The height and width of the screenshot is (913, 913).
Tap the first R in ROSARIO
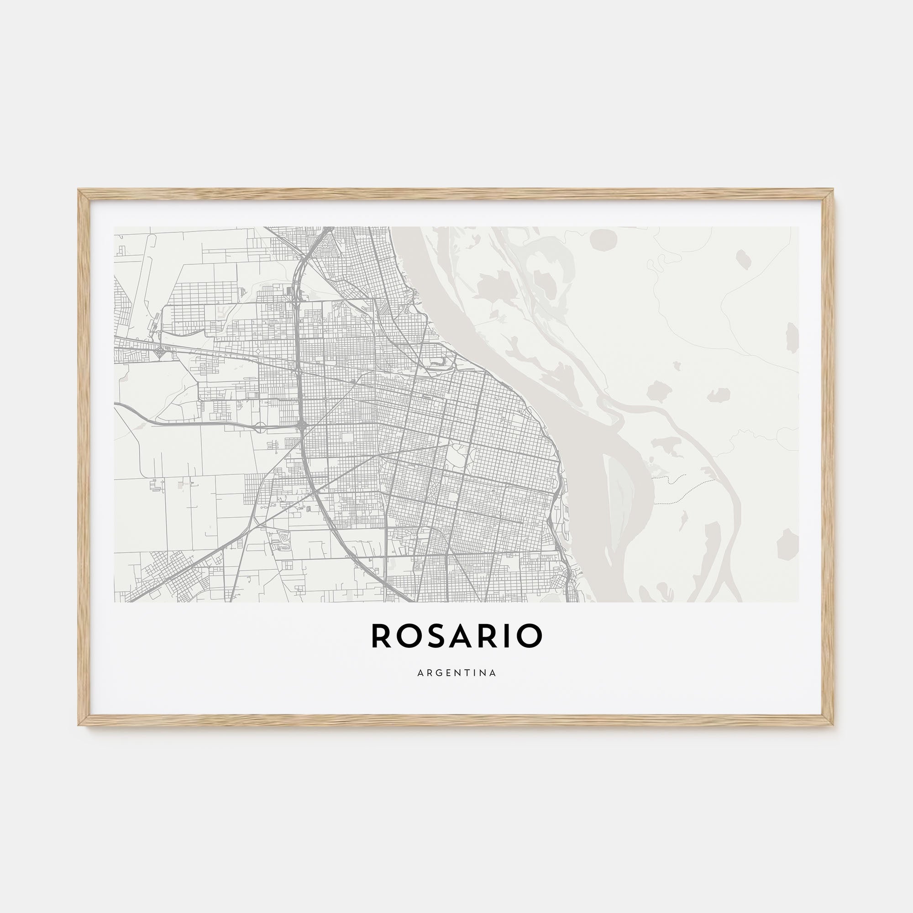click(381, 636)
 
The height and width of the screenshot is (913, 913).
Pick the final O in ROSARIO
click(530, 636)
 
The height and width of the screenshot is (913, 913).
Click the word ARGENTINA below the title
click(456, 673)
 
